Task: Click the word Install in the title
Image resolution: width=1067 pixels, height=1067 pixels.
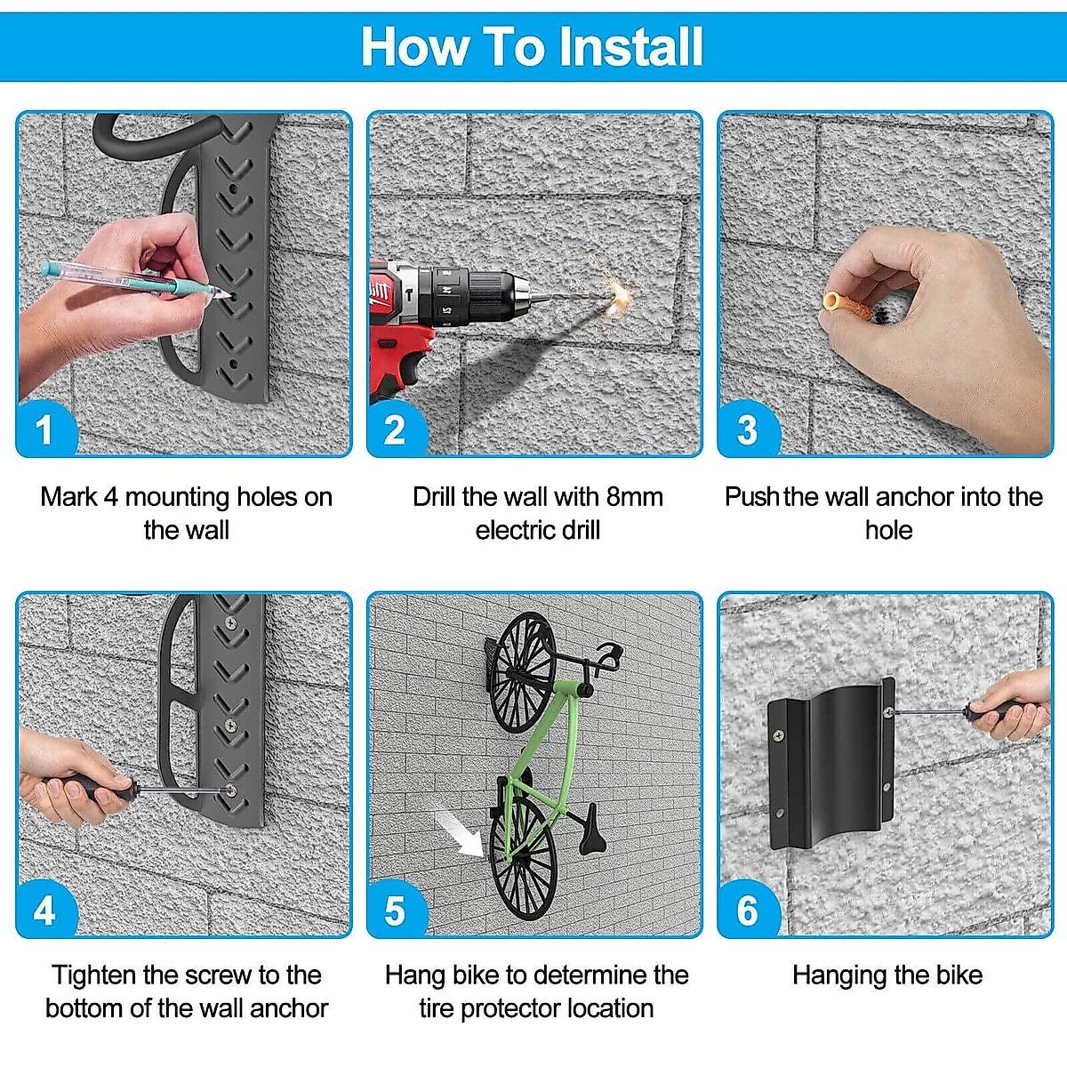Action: coord(630,46)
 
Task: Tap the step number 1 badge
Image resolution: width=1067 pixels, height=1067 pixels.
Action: coord(44,429)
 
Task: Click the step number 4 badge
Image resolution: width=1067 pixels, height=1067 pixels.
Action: coord(44,910)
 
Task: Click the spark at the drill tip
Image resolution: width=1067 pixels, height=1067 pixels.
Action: coord(619,296)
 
